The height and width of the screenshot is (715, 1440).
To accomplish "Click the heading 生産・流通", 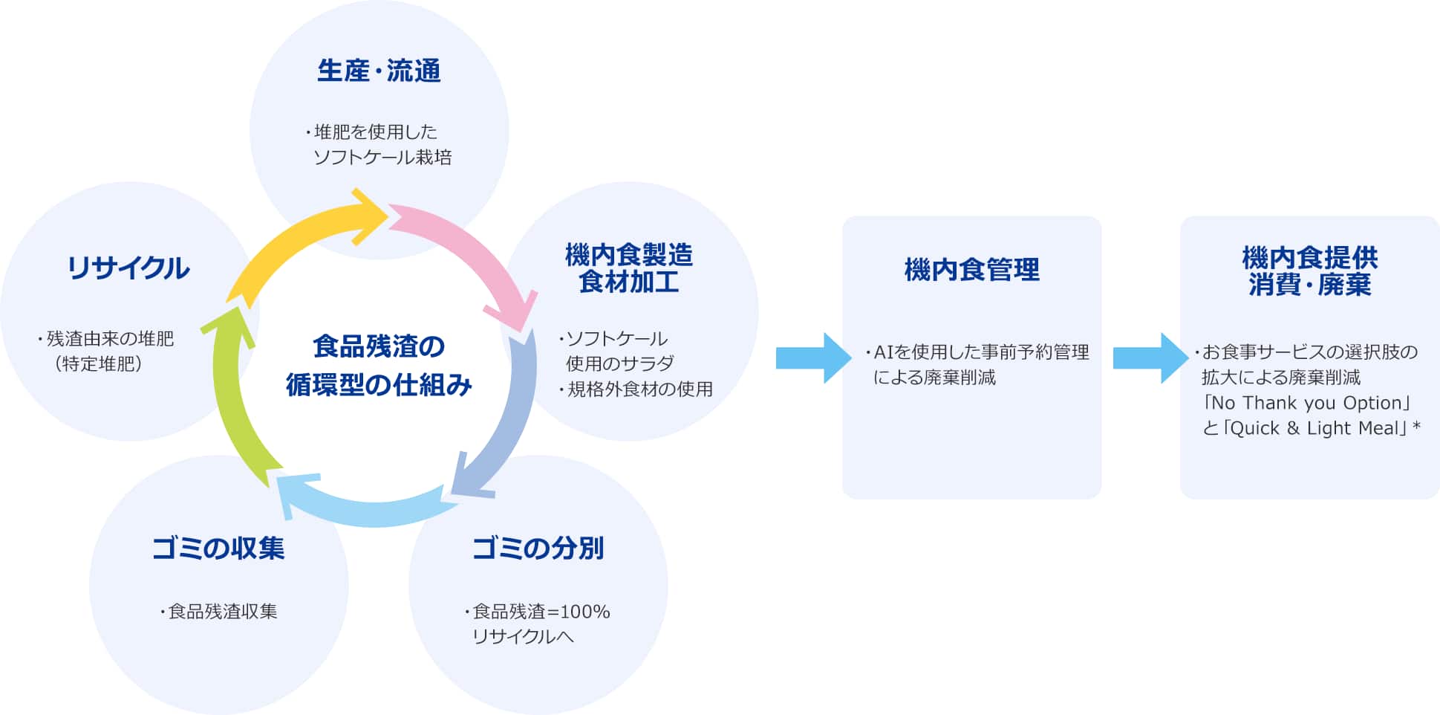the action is click(379, 71).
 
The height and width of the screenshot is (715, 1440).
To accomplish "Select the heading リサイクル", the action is click(128, 268).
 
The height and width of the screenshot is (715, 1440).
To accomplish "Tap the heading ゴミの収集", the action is click(218, 549).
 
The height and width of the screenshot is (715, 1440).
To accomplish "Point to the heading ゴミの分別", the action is click(538, 549).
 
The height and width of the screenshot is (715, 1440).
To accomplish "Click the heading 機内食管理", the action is click(971, 270).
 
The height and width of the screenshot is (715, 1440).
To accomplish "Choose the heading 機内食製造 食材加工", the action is click(629, 268).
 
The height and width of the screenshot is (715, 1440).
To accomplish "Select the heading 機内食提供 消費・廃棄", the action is click(1309, 271).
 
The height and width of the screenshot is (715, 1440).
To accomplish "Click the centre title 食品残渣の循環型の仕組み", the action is click(379, 366).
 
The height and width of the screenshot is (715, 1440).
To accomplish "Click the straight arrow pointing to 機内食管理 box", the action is click(813, 358).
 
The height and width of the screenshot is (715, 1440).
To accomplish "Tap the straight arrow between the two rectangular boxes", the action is click(1150, 358).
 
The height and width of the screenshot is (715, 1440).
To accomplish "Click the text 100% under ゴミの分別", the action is click(584, 612).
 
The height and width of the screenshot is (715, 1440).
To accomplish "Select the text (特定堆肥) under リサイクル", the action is click(99, 363).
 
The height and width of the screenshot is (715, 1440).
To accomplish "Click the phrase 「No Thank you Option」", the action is click(1306, 403).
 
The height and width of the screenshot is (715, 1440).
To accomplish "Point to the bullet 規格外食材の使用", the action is click(636, 389).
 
